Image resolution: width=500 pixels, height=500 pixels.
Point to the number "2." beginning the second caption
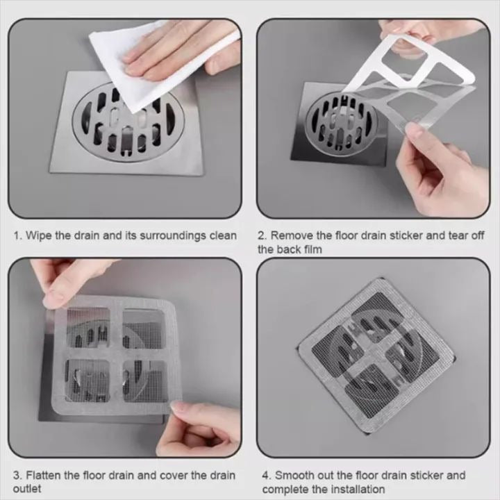[x=262, y=236]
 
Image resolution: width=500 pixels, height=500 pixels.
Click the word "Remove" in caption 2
[x=291, y=236]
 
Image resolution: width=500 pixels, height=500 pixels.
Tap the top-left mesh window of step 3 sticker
[x=88, y=327]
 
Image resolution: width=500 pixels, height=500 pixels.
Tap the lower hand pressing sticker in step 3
[x=201, y=427]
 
